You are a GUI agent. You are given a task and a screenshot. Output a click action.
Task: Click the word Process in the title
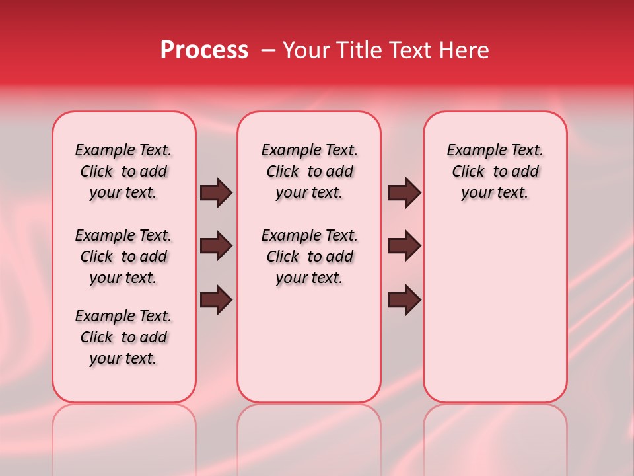[x=204, y=50]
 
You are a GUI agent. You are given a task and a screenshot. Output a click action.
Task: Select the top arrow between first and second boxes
[x=216, y=193]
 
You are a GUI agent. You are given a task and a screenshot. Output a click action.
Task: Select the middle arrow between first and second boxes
[x=216, y=246]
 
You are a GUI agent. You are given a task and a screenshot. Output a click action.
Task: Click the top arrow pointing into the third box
[x=404, y=193]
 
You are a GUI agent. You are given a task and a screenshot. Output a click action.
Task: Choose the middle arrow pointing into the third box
[x=404, y=246]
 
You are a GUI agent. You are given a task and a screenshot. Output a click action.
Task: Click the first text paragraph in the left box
[x=123, y=171]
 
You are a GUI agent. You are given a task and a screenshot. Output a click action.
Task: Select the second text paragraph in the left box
[x=123, y=257]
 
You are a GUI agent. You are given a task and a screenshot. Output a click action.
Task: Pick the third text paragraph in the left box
[x=123, y=337]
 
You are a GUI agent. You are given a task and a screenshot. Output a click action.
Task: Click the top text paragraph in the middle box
[x=309, y=171]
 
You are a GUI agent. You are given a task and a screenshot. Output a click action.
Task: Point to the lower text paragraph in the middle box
[x=309, y=257]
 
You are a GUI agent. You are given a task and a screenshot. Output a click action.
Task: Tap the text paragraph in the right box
[x=495, y=171]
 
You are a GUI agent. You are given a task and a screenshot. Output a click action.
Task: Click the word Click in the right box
[x=468, y=172]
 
